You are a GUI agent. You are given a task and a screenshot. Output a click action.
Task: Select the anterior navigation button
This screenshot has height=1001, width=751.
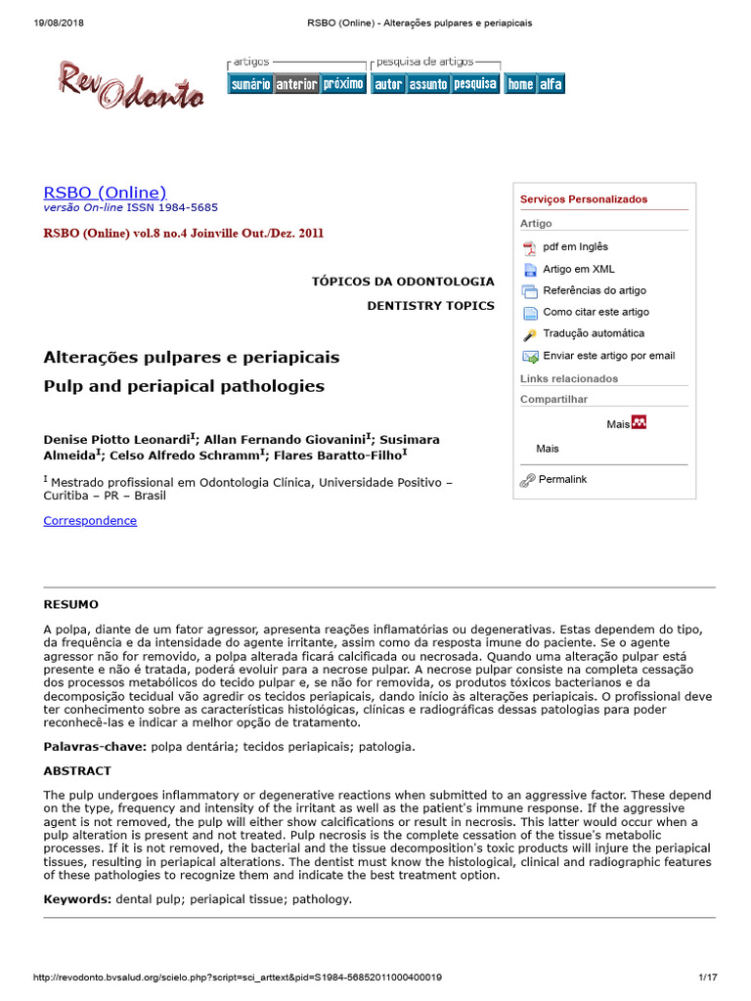tap(296, 84)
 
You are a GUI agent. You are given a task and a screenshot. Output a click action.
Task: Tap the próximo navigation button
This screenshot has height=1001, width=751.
tap(343, 84)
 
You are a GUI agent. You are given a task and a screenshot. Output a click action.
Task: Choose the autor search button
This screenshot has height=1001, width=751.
tap(388, 84)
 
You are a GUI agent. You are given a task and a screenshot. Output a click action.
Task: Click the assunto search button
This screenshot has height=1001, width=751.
tap(427, 84)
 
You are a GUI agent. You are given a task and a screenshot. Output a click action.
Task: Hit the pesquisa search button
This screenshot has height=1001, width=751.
tap(475, 84)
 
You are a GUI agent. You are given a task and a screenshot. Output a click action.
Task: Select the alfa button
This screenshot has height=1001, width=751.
tap(552, 84)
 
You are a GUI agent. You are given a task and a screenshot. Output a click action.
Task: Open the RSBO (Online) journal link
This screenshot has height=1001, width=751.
tap(105, 193)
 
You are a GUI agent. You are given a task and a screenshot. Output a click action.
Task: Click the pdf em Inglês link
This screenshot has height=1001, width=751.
tap(575, 247)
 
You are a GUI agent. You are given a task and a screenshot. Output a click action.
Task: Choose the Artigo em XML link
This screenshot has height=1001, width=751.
tap(579, 269)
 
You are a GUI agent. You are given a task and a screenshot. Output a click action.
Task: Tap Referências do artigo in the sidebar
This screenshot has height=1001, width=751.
tap(595, 290)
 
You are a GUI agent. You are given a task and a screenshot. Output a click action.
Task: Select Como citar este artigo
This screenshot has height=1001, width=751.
tap(596, 312)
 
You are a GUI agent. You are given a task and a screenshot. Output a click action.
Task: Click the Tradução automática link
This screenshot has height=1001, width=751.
tap(594, 333)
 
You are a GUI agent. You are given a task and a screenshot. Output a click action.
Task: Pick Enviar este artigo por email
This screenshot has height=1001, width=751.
tap(608, 356)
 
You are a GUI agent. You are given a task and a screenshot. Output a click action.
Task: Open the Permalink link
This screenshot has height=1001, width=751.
tap(562, 480)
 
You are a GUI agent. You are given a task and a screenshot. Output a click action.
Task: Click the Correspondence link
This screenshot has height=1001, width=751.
tap(90, 521)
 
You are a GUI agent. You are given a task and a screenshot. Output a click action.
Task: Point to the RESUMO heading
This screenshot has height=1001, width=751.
tap(70, 605)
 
